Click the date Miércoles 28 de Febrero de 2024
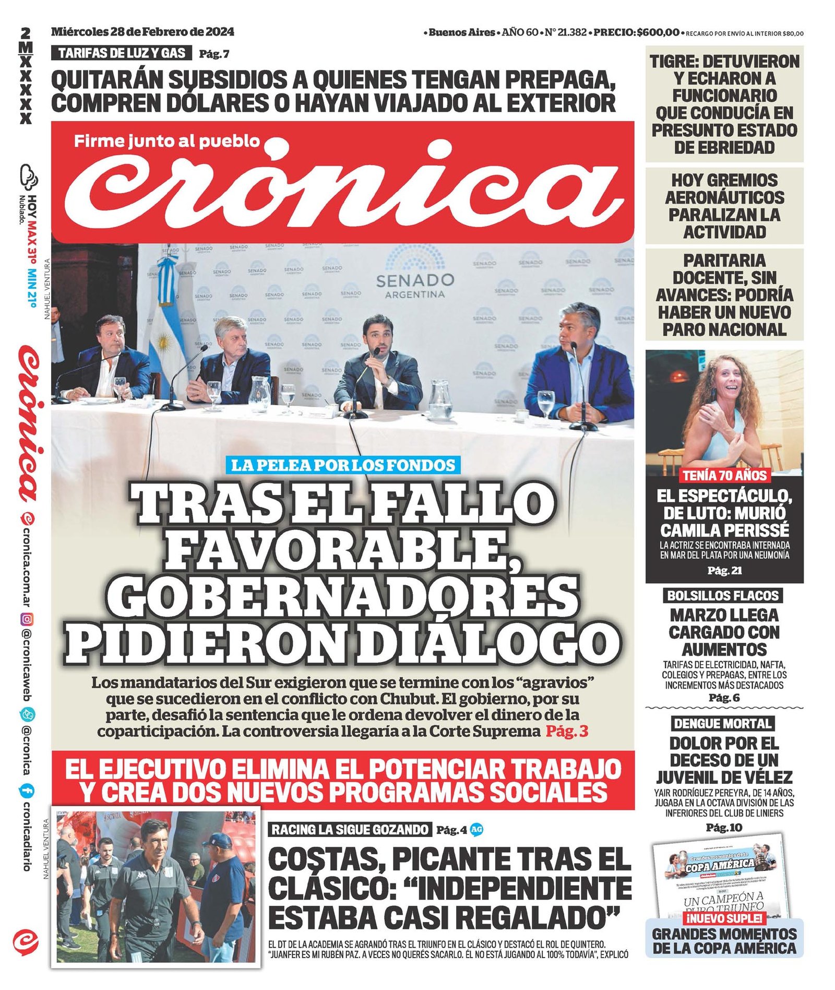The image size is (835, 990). [142, 32]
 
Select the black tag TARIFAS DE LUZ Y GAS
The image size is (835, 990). [122, 53]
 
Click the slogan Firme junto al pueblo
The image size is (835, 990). [167, 141]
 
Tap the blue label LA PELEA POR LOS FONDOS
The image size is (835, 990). [343, 465]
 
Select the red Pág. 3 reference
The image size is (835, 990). [567, 731]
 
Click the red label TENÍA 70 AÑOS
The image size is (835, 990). [724, 475]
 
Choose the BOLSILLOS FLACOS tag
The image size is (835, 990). [723, 596]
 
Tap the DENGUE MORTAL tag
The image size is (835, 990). [723, 724]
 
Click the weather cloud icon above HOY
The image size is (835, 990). [29, 176]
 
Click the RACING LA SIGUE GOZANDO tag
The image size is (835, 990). [350, 829]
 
